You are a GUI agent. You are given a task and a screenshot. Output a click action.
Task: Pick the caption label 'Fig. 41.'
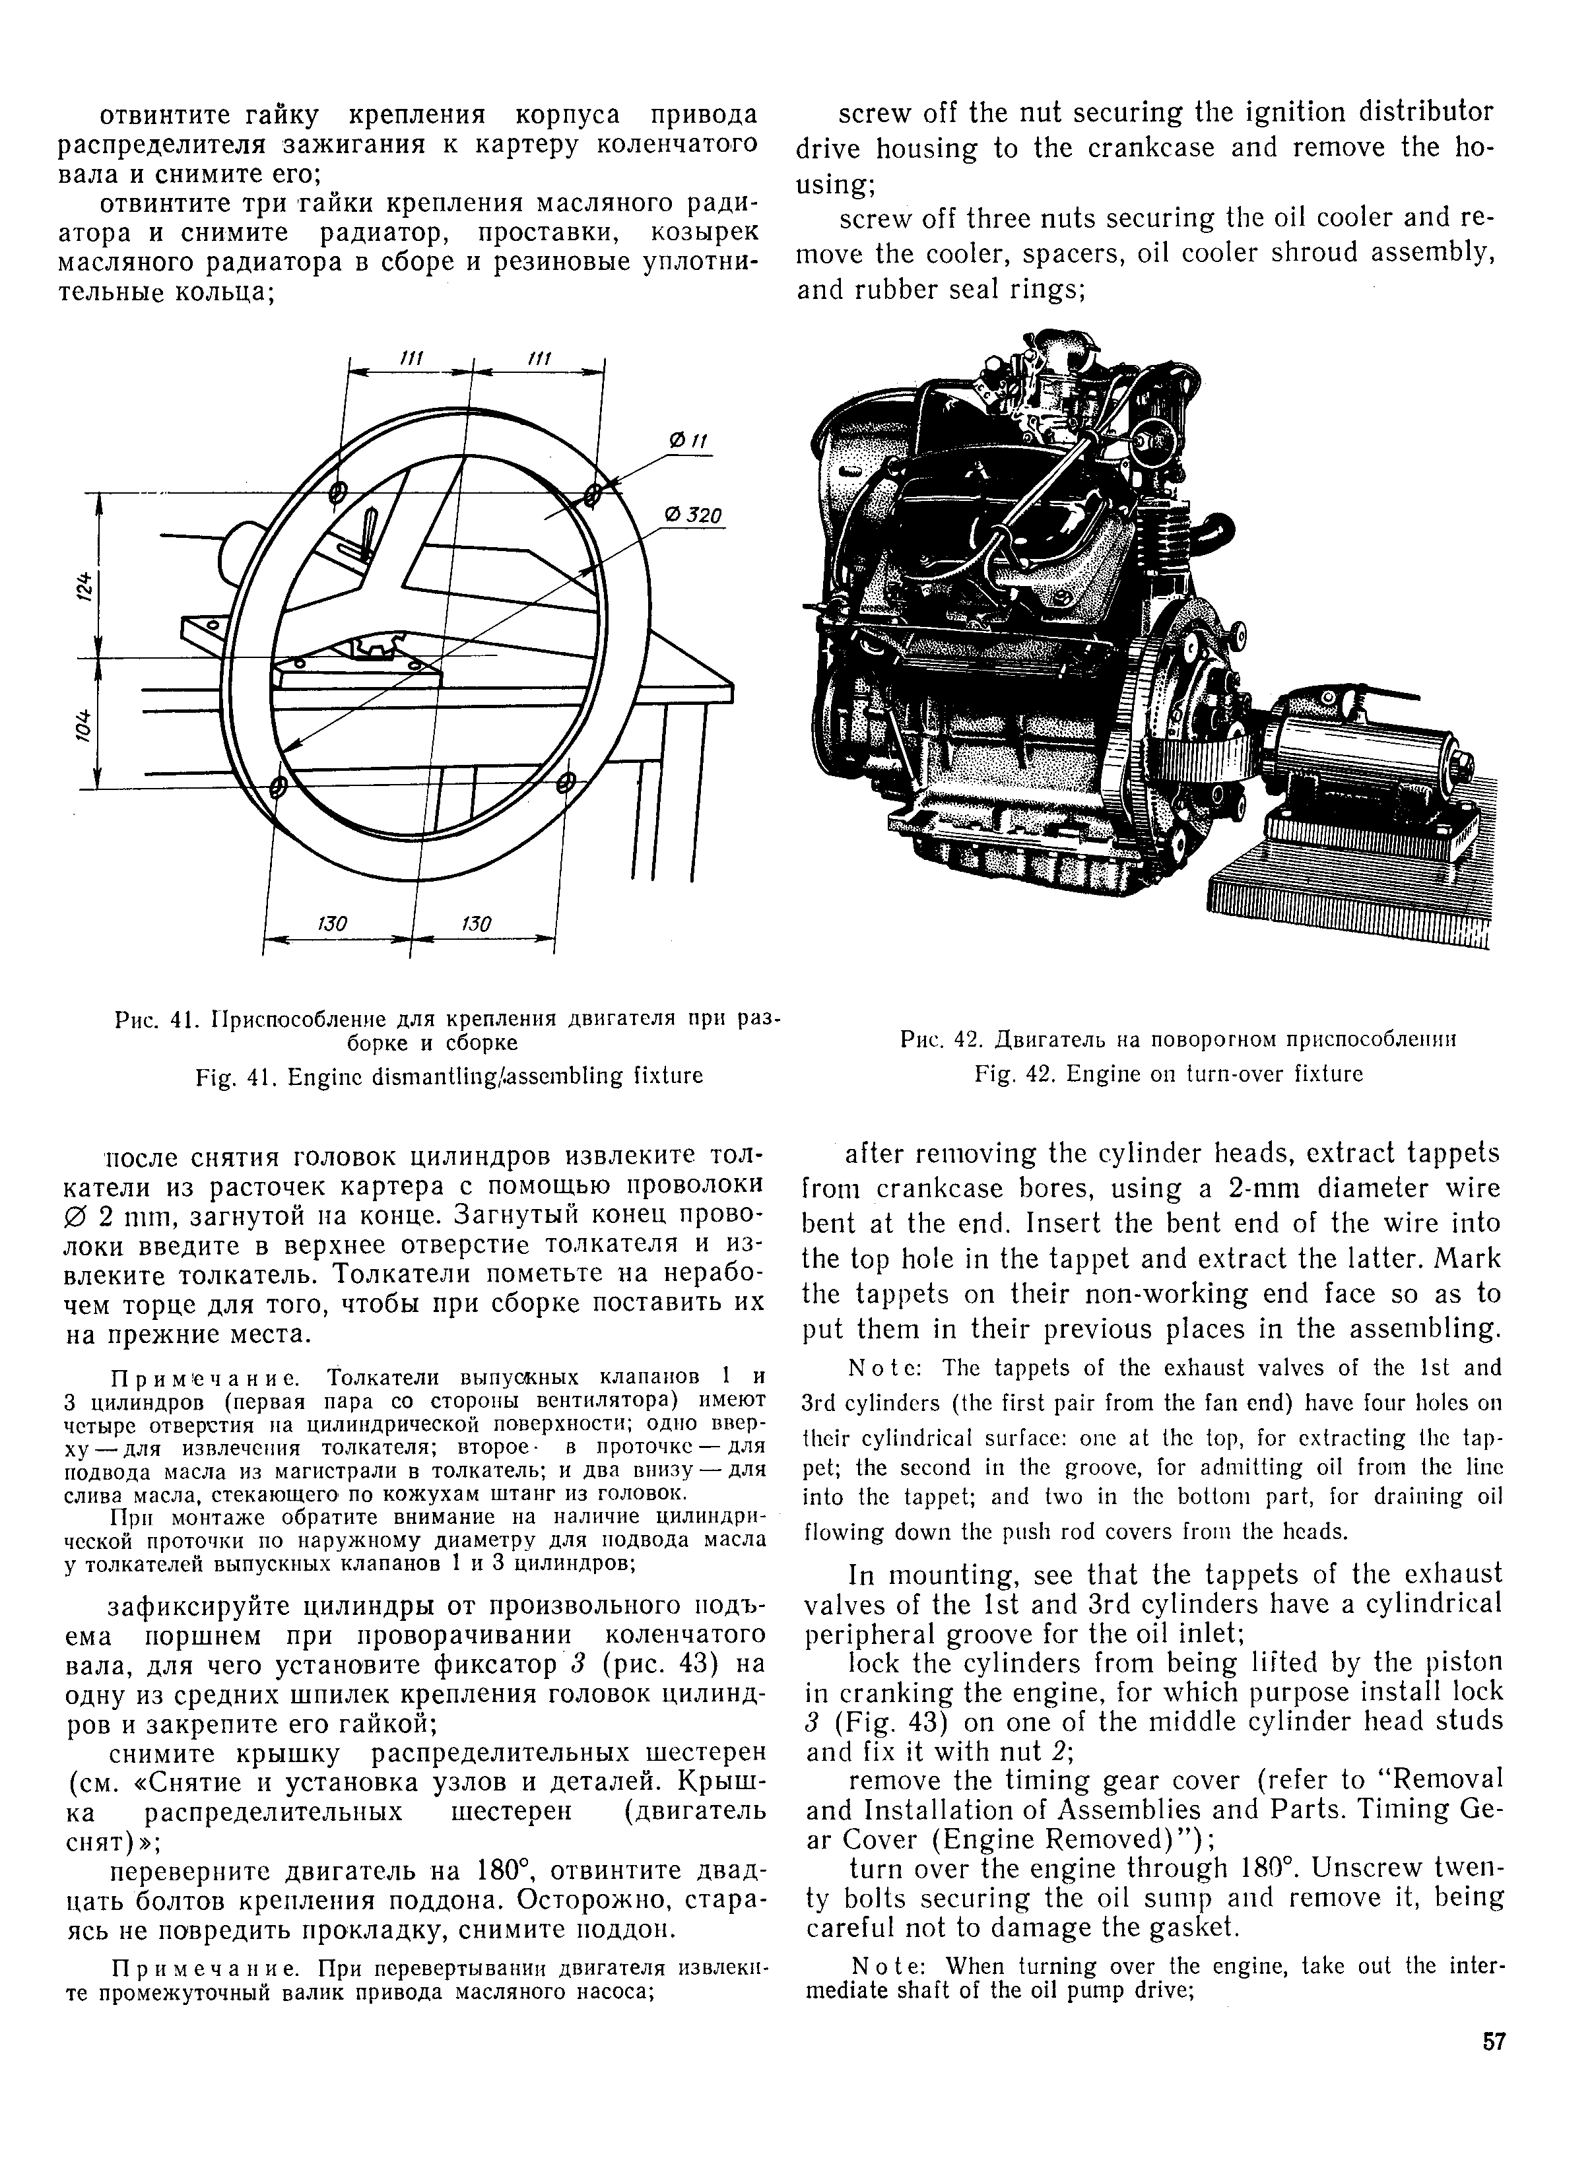click(228, 1075)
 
